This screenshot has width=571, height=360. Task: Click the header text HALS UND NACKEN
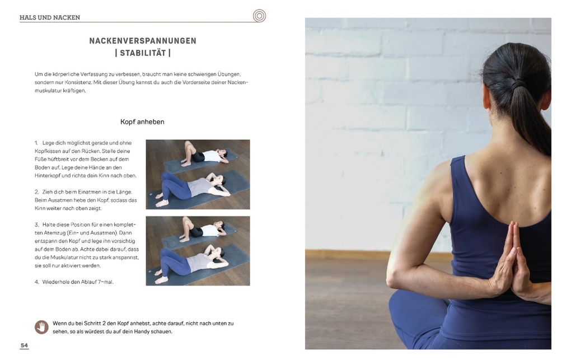coord(49,17)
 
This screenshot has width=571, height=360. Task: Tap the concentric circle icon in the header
coord(259,16)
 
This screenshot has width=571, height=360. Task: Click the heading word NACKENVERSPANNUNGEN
coord(143,41)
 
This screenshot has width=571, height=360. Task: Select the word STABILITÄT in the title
coord(143,54)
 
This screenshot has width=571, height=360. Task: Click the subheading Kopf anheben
coord(142,121)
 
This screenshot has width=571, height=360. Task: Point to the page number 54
coord(24,345)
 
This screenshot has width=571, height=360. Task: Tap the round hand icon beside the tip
coord(41,327)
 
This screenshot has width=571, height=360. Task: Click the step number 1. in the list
coord(36,143)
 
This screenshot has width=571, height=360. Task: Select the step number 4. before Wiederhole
coord(36,282)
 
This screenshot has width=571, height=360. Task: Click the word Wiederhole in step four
coord(57,282)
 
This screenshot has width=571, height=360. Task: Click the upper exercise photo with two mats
coord(198,174)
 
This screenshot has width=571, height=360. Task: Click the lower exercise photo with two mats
coord(198,251)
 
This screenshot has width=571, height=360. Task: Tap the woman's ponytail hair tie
coord(518,83)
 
